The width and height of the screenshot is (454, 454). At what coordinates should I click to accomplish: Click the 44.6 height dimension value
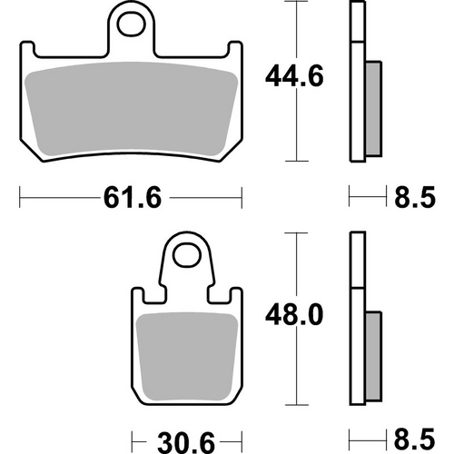(287, 75)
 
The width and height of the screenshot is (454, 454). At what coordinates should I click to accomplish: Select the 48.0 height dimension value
(287, 315)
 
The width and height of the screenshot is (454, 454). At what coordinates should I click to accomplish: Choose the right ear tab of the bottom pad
(237, 300)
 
